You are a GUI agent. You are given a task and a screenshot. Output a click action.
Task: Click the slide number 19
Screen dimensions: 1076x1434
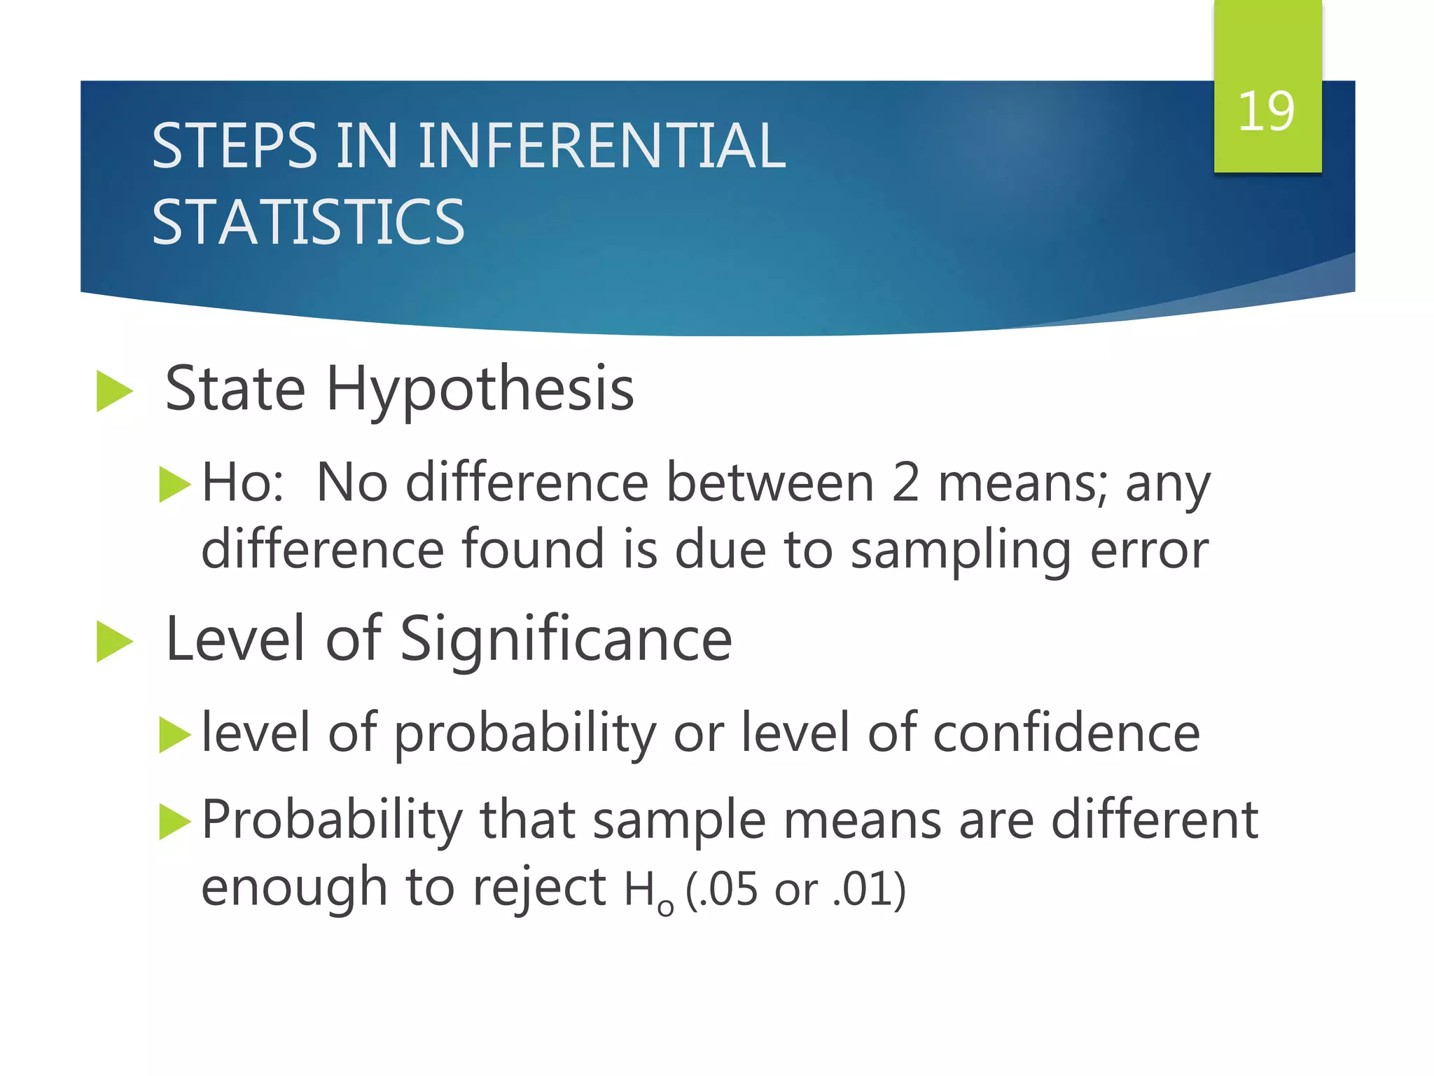(1266, 111)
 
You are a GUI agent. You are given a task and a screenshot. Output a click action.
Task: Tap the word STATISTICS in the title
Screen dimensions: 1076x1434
(308, 222)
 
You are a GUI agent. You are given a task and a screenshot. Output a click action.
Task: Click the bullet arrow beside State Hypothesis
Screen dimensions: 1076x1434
(114, 391)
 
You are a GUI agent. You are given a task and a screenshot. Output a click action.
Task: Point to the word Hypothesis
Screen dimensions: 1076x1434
(480, 389)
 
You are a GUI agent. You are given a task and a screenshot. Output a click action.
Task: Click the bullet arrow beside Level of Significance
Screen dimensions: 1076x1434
(114, 641)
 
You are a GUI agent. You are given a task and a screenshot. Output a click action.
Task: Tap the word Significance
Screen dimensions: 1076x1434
(566, 639)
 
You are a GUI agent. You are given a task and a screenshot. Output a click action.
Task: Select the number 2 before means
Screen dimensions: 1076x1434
(905, 483)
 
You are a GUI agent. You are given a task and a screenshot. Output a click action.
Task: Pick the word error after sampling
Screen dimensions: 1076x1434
(1149, 550)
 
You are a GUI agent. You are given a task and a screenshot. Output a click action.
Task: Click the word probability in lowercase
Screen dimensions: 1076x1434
(525, 734)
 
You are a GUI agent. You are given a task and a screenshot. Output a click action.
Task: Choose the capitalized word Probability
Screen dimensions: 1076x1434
(332, 820)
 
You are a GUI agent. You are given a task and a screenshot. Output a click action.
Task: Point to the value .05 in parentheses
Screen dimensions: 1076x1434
(733, 890)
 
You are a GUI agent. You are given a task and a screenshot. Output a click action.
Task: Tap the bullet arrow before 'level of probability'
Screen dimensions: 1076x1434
(174, 734)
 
